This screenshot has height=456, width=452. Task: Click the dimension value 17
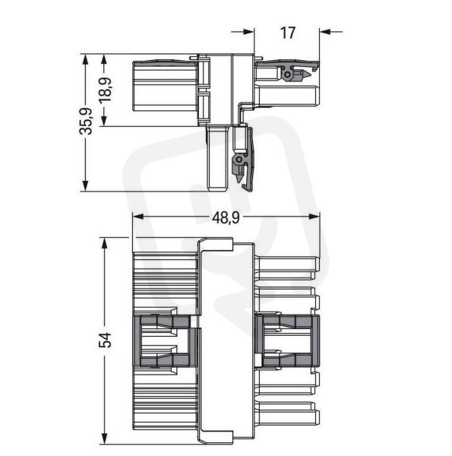287,33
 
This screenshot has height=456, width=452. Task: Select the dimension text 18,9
106,90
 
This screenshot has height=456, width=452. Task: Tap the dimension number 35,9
86,122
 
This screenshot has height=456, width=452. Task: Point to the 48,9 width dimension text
226,217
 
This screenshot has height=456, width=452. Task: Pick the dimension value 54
106,340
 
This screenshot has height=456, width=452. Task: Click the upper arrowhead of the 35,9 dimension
85,60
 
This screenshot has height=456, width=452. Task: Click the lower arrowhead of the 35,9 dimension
85,185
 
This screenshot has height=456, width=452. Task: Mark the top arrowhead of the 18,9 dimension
104,60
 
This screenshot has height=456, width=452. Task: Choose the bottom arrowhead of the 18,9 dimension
104,119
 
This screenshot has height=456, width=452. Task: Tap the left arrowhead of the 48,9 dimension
139,217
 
